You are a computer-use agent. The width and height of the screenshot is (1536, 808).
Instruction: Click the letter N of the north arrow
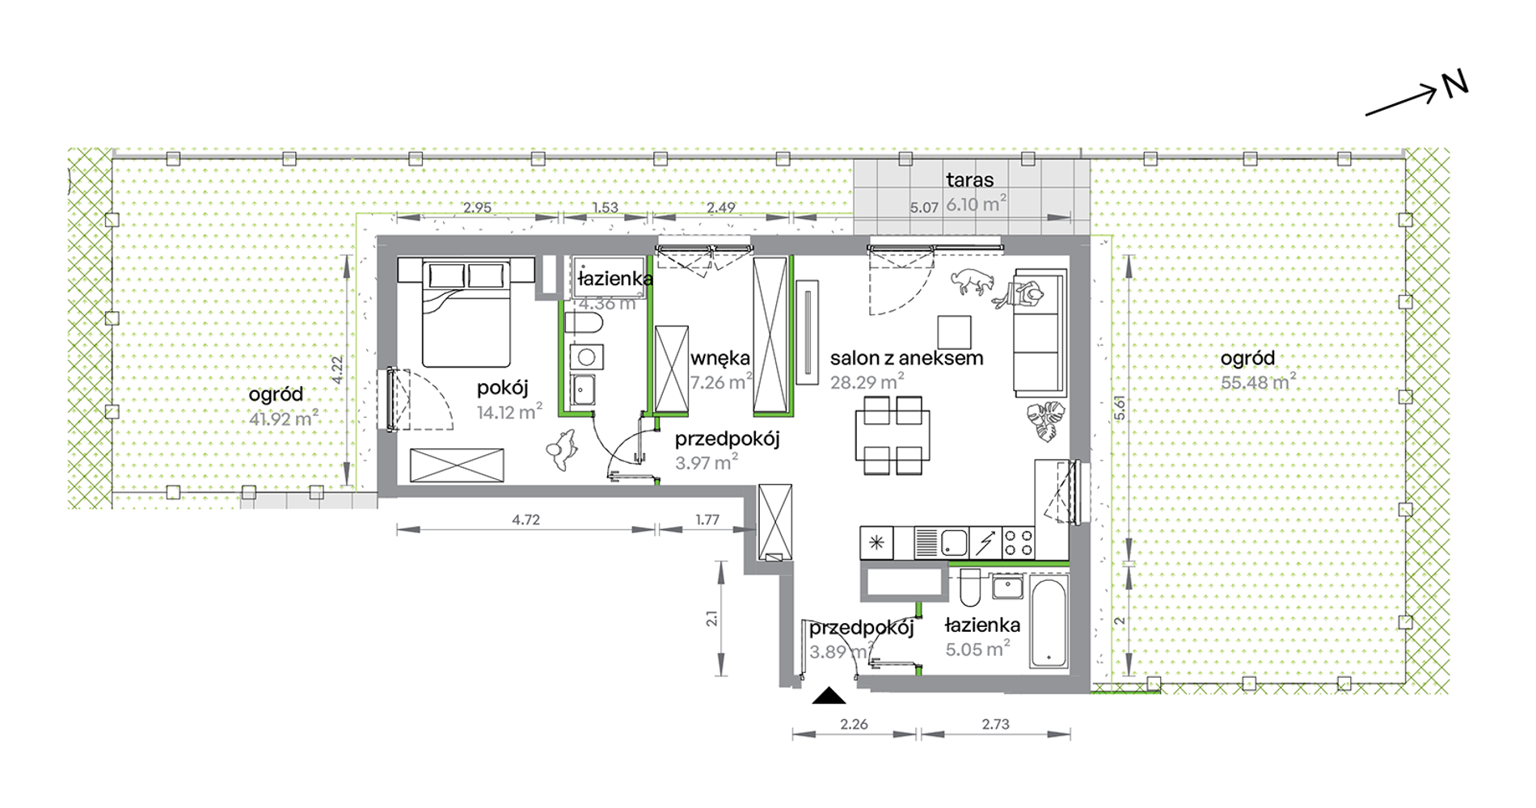[x=1455, y=84]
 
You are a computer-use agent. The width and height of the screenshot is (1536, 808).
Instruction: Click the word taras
[x=970, y=180]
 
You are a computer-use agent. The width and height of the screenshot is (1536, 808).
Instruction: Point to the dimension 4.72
[x=525, y=520]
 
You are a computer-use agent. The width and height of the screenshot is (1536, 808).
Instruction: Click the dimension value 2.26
[x=854, y=724]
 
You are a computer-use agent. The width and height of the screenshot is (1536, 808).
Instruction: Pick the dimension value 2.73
[x=995, y=724]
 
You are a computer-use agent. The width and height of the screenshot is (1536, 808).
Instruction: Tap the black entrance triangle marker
[x=829, y=696]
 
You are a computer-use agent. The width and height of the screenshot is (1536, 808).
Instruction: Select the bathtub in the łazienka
[x=1049, y=622]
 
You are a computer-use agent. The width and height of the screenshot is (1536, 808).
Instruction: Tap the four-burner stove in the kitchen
[x=1018, y=543]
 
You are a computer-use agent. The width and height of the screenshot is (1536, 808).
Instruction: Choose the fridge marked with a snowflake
[x=876, y=543]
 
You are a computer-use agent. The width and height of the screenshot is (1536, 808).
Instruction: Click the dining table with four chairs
[x=892, y=435]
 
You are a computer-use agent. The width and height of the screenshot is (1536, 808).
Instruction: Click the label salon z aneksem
[x=907, y=358]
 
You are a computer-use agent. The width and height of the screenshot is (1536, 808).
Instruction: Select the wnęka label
[x=720, y=358]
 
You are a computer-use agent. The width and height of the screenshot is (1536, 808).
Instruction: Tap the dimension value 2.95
[x=477, y=208]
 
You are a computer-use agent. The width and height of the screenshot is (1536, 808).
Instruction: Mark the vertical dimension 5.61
[x=1120, y=406]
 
